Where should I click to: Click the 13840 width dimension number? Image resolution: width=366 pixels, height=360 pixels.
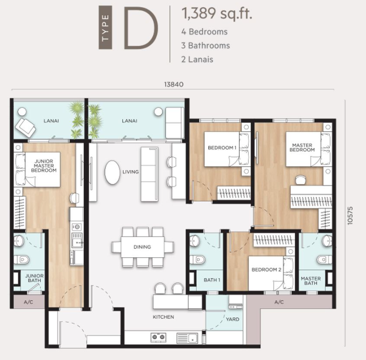[x=174, y=84]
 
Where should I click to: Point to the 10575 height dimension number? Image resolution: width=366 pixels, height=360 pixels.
[x=350, y=216]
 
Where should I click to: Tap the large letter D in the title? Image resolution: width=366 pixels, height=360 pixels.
[x=141, y=28]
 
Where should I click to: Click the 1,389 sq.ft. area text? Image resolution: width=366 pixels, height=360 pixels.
[x=217, y=13]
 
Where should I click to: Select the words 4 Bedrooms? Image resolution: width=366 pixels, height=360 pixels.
[x=204, y=32]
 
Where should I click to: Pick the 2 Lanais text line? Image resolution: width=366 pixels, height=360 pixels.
[x=197, y=60]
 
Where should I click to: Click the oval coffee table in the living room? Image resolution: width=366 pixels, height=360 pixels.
[x=112, y=172]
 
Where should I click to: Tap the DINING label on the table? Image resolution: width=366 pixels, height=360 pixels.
[x=142, y=247]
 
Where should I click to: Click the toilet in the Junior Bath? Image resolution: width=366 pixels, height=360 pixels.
[x=22, y=259]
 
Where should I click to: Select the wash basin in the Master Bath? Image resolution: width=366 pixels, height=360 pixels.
[x=327, y=240]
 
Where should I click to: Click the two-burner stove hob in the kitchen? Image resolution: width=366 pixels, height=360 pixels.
[x=158, y=337]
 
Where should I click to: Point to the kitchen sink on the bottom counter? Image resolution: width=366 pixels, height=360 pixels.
[x=188, y=338]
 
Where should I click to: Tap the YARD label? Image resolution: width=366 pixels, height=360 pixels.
[x=233, y=319]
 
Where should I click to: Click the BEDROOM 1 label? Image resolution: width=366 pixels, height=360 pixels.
[x=222, y=148]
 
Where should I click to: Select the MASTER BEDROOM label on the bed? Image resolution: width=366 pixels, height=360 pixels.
[x=302, y=147]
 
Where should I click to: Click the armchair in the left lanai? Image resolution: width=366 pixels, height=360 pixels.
[x=25, y=127]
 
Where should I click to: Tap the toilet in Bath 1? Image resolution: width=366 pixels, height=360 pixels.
[x=197, y=259]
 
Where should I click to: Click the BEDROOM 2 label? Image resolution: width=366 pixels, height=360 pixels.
[x=266, y=270]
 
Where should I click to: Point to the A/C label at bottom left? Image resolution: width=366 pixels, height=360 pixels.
[x=28, y=302]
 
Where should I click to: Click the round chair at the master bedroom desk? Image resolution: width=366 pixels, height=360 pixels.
[x=301, y=180]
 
